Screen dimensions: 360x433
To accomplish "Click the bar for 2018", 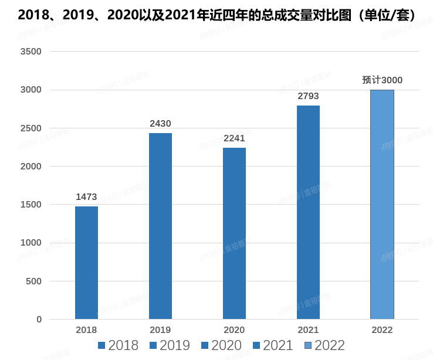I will click(x=86, y=263).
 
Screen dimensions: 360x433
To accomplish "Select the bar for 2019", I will click(x=160, y=226).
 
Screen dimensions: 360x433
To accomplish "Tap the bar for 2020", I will click(x=234, y=233).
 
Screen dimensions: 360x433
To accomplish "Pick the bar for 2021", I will click(x=308, y=212).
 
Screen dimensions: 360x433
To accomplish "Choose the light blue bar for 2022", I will click(x=382, y=204).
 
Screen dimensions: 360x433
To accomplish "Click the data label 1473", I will click(x=86, y=196).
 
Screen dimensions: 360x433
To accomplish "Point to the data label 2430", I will click(x=160, y=123).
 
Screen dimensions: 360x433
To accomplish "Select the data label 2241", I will click(x=234, y=138).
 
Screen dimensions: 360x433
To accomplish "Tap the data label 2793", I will click(x=308, y=96).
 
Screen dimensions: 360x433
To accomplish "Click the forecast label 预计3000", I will click(x=382, y=80).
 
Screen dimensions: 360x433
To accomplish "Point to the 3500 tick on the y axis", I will click(x=31, y=52).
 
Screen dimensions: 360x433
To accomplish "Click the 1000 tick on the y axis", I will click(x=31, y=243).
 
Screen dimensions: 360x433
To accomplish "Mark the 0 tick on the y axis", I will click(x=39, y=320).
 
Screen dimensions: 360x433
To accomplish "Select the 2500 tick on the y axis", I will click(x=31, y=128).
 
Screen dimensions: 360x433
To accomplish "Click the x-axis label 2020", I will click(x=234, y=330).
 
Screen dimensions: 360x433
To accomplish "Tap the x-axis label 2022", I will click(x=382, y=330).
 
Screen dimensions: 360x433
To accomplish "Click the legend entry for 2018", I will click(x=118, y=345).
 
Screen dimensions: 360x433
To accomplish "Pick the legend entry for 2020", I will click(x=221, y=345).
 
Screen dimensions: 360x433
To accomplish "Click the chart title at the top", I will click(x=216, y=16).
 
